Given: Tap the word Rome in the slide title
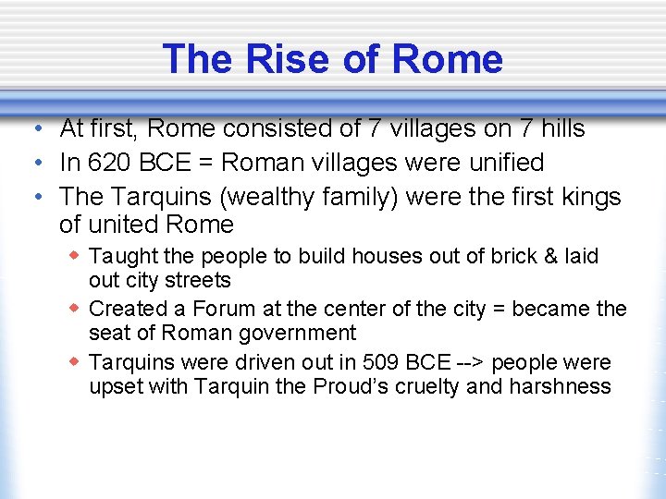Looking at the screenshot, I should click(447, 59).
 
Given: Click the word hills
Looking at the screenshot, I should click(558, 128).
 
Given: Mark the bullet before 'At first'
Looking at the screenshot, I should click(33, 128).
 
